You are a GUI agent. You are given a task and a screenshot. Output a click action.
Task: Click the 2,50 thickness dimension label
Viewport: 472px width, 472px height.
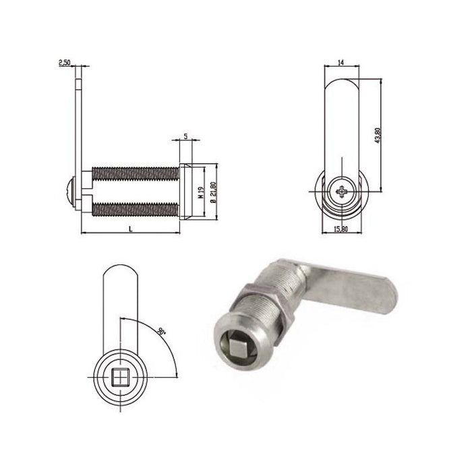[65, 63]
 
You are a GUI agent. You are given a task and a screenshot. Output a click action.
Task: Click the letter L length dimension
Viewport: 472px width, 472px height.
[130, 229]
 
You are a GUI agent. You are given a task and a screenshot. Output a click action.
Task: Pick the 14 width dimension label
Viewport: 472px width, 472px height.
[341, 62]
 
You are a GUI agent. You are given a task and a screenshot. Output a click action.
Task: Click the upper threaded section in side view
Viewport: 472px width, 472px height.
[135, 173]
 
